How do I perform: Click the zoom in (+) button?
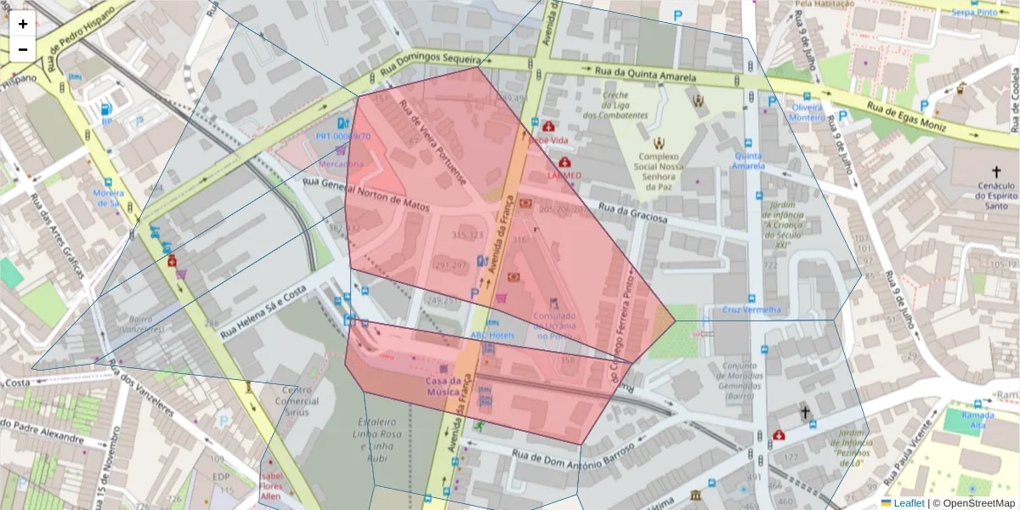point(23,24)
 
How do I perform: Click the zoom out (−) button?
point(23,49)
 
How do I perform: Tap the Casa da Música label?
point(444,386)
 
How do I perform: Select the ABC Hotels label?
point(492,335)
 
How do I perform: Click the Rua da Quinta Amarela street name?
point(645,75)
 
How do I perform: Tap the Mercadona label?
point(341,163)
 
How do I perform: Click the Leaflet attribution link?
point(908,503)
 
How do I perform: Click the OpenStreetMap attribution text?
point(973,503)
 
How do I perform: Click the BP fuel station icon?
point(106,110)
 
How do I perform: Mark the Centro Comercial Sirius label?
point(296,401)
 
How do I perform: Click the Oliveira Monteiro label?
point(807,113)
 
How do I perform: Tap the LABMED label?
point(564,175)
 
